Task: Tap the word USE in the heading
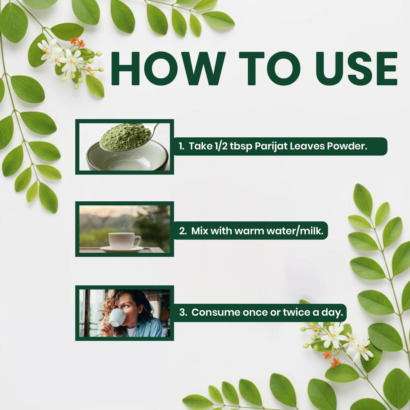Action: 356,68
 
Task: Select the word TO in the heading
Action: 270,68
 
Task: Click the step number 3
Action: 183,312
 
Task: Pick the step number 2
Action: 183,231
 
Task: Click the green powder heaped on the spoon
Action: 125,137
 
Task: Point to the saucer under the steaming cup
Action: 122,249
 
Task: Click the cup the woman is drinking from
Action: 117,317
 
